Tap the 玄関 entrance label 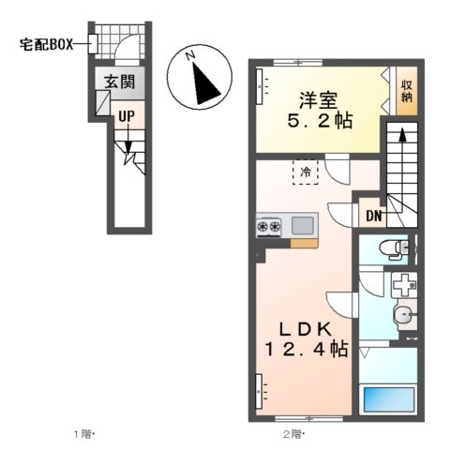(x=119, y=82)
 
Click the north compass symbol (x=200, y=79)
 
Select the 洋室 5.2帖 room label (x=320, y=109)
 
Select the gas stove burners (x=269, y=226)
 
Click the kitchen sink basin (x=304, y=226)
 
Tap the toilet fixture (x=393, y=248)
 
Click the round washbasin (x=403, y=315)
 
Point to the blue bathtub (x=389, y=398)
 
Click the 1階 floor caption (x=85, y=433)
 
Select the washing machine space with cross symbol (x=403, y=284)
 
